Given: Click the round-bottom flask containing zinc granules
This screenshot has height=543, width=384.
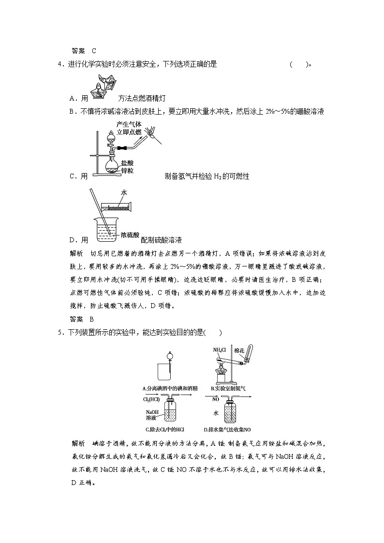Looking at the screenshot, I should pyautogui.click(x=113, y=164).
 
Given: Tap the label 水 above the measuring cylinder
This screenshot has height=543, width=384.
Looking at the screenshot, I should pyautogui.click(x=124, y=192).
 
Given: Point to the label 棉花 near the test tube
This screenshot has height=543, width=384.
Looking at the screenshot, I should pyautogui.click(x=240, y=350).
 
